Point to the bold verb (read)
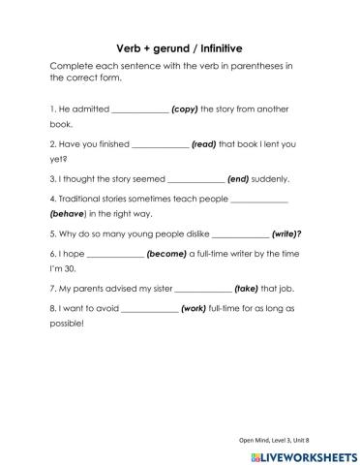point(203,144)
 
